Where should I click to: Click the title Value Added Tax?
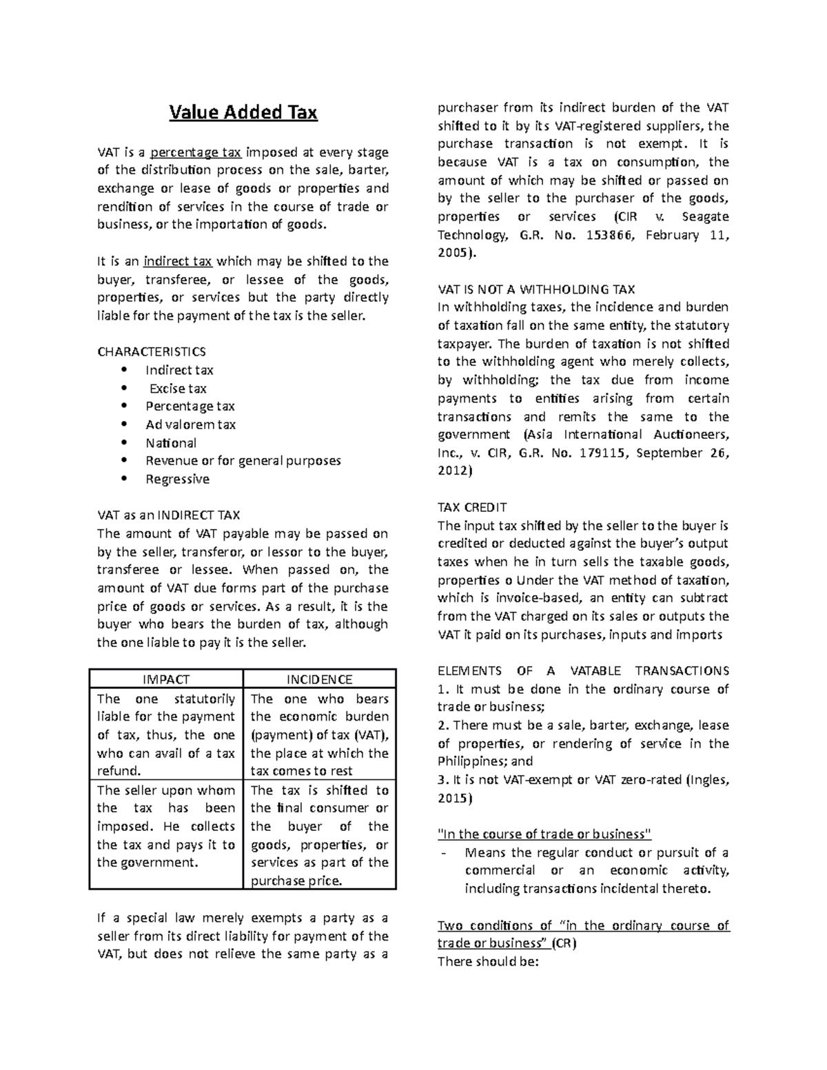coord(243,112)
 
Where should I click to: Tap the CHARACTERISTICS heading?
coord(152,352)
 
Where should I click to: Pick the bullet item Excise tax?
coord(178,389)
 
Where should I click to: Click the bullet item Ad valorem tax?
coord(190,424)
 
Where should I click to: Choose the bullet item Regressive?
coord(177,479)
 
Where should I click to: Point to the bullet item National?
coord(171,443)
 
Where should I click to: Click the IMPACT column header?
coord(166,679)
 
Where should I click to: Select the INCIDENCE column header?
coord(320,679)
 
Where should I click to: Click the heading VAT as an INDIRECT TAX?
coord(168,515)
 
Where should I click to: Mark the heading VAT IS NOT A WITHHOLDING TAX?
coord(536,289)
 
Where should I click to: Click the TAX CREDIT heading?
coord(472,507)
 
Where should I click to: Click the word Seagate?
coord(704,216)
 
